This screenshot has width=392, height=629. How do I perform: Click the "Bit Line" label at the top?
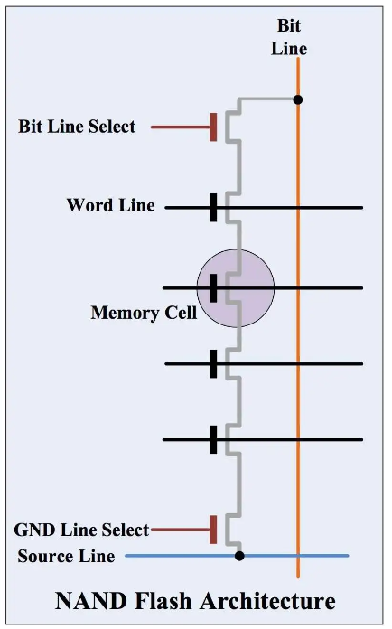pyautogui.click(x=289, y=37)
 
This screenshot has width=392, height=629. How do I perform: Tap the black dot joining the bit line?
pyautogui.click(x=298, y=99)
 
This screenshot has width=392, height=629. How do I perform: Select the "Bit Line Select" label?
pyautogui.click(x=77, y=127)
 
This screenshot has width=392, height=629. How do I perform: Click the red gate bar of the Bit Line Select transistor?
pyautogui.click(x=213, y=127)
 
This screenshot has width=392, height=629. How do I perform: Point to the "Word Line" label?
pyautogui.click(x=110, y=205)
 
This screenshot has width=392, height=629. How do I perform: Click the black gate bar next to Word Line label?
pyautogui.click(x=213, y=207)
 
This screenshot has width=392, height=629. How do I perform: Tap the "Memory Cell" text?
pyautogui.click(x=144, y=313)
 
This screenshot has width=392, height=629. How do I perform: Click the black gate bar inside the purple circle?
pyautogui.click(x=213, y=288)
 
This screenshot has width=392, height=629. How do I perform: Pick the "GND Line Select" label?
pyautogui.click(x=81, y=530)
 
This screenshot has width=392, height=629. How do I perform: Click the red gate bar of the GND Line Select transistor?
pyautogui.click(x=213, y=530)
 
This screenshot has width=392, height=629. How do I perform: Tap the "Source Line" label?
pyautogui.click(x=66, y=556)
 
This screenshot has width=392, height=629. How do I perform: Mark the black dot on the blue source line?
pyautogui.click(x=239, y=556)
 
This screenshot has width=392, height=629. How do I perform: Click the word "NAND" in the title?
pyautogui.click(x=90, y=601)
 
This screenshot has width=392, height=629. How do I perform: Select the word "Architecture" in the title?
pyautogui.click(x=267, y=601)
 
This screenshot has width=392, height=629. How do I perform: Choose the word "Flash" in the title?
pyautogui.click(x=163, y=601)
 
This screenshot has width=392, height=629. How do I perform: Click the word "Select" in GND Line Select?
pyautogui.click(x=125, y=530)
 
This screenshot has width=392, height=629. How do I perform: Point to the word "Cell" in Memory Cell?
pyautogui.click(x=182, y=313)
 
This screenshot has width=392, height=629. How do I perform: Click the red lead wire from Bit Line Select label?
pyautogui.click(x=181, y=127)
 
